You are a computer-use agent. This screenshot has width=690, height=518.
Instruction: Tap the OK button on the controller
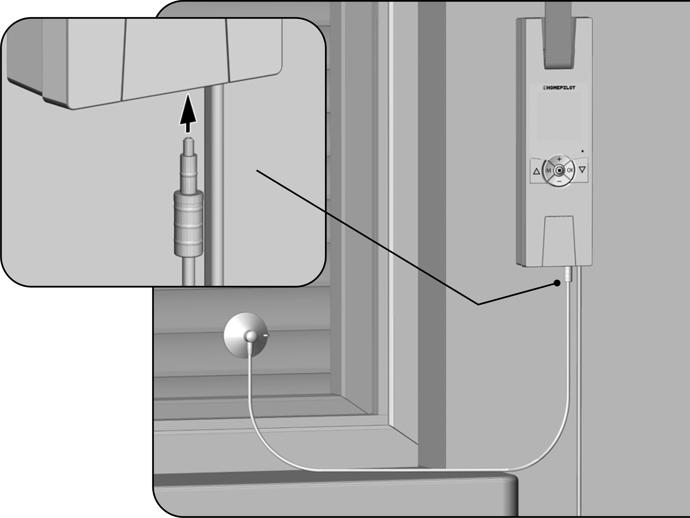pyautogui.click(x=570, y=170)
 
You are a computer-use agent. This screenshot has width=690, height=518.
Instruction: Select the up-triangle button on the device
pyautogui.click(x=537, y=171)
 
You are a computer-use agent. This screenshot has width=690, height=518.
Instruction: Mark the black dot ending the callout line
pyautogui.click(x=557, y=283)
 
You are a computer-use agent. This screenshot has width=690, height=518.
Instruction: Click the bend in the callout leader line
pyautogui.click(x=478, y=304)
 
